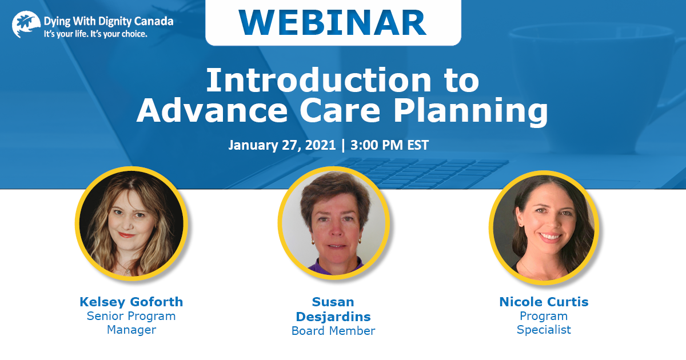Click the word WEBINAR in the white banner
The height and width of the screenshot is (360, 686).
[x=333, y=23]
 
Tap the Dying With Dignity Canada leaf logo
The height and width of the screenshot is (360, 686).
[x=26, y=24]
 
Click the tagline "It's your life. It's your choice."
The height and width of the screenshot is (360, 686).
[x=95, y=34]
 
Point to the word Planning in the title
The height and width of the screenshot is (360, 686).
[x=470, y=111]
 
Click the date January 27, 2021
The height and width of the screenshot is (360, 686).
[x=282, y=145]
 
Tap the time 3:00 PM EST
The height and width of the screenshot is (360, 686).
[x=389, y=145]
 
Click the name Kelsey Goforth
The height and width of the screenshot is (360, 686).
[x=131, y=302]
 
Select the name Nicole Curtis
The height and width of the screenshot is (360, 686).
[x=544, y=302]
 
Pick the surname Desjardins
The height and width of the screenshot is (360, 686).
[x=333, y=317]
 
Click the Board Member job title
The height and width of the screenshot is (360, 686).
[x=333, y=331]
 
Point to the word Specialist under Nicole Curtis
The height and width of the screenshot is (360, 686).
[x=544, y=330]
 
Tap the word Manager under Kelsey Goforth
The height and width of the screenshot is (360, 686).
[x=131, y=330]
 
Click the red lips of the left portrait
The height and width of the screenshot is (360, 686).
[x=127, y=235]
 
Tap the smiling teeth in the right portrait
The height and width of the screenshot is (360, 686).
[x=550, y=237]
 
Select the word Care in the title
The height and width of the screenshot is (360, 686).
[x=340, y=110]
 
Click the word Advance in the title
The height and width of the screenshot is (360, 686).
[x=212, y=110]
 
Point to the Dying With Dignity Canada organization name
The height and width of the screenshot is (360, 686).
[x=109, y=22]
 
